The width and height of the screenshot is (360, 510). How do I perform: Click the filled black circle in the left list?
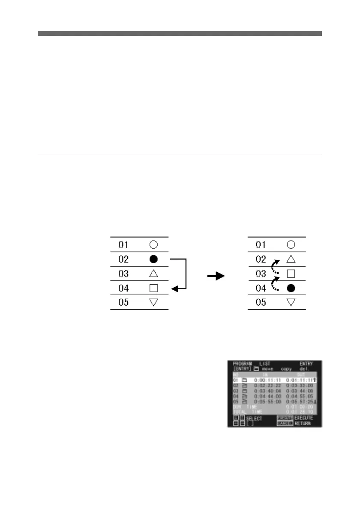pyautogui.click(x=153, y=259)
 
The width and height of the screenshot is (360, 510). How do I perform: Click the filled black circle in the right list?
pyautogui.click(x=291, y=288)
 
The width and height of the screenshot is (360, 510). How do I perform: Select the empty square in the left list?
pyautogui.click(x=153, y=288)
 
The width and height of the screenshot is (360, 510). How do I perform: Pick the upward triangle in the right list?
pyautogui.click(x=291, y=259)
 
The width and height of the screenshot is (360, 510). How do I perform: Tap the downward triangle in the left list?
pyautogui.click(x=153, y=303)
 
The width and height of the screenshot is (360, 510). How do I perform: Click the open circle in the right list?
pyautogui.click(x=291, y=245)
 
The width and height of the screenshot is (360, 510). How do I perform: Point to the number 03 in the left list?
pyautogui.click(x=123, y=274)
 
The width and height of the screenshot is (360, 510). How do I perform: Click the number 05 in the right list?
pyautogui.click(x=261, y=303)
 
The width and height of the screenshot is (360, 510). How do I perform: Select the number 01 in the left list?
pyautogui.click(x=123, y=245)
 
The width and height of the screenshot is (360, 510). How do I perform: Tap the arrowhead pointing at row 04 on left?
pyautogui.click(x=174, y=289)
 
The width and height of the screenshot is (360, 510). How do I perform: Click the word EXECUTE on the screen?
pyautogui.click(x=304, y=417)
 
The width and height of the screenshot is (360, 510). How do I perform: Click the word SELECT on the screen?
pyautogui.click(x=254, y=418)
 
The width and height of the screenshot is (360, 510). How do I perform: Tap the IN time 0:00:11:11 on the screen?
pyautogui.click(x=267, y=380)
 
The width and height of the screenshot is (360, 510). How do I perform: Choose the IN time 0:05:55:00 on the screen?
pyautogui.click(x=267, y=401)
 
